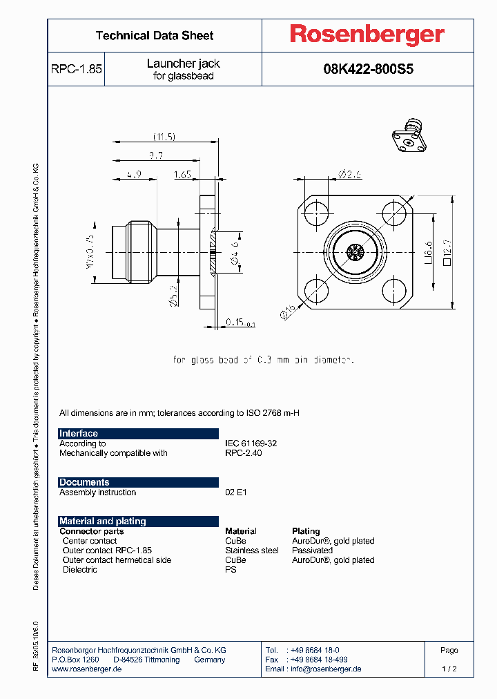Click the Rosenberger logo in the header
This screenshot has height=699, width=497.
pos(367,35)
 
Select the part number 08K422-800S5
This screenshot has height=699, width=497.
pos(367,69)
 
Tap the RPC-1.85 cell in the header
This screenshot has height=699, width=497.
pos(76,69)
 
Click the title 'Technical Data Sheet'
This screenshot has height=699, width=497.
pos(154,35)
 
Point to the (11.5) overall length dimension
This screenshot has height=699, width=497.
pos(164,137)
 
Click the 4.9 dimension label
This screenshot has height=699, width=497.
pos(133,175)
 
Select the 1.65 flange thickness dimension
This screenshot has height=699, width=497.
pos(182,175)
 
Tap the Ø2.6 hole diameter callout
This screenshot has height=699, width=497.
pos(351,175)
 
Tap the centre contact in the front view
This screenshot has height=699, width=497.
pos(355,252)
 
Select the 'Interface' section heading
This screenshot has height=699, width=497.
pos(79,434)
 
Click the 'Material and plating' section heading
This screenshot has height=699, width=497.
pos(103,521)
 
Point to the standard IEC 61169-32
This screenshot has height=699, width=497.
pos(251,443)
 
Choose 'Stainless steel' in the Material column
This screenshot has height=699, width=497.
pos(251,550)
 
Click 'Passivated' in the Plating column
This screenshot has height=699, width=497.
pos(312,550)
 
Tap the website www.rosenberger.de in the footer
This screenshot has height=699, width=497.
pos(87,669)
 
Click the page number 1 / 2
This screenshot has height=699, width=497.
pos(449,669)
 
